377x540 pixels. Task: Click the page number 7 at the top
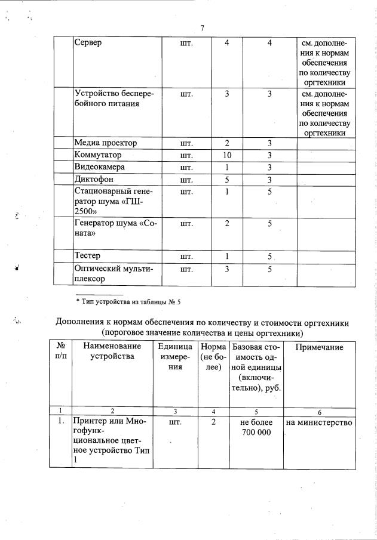(202, 28)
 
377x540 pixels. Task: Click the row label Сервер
(88, 43)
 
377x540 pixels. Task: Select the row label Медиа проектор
(105, 143)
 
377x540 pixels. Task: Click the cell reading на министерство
(319, 422)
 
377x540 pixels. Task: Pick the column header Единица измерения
(174, 357)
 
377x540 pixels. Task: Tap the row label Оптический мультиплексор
(114, 273)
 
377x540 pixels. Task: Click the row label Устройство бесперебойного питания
(114, 98)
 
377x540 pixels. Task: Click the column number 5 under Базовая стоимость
(256, 411)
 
